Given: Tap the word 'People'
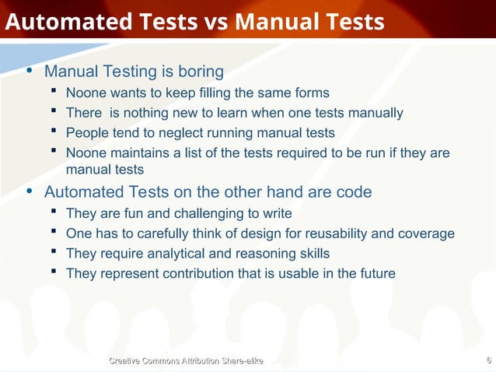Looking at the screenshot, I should tap(86, 133).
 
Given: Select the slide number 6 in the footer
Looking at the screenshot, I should tap(487, 360).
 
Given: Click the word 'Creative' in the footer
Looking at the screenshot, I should tap(130, 360).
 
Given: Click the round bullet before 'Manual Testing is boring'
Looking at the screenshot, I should tap(30, 72).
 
